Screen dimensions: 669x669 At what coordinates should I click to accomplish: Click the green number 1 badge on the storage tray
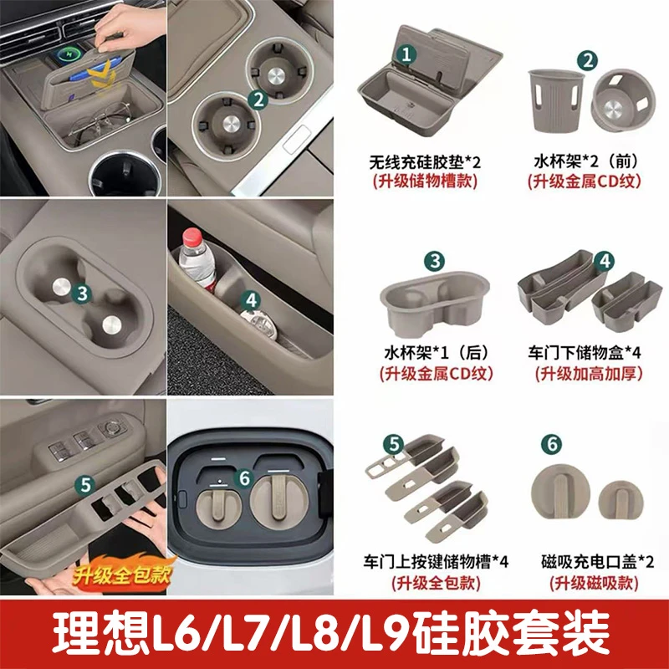(406, 56)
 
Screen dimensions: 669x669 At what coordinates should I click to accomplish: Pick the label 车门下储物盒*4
(589, 353)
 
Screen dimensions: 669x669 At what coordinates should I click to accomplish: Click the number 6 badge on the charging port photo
(243, 477)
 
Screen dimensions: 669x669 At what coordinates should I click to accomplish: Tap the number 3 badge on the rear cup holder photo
(81, 293)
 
